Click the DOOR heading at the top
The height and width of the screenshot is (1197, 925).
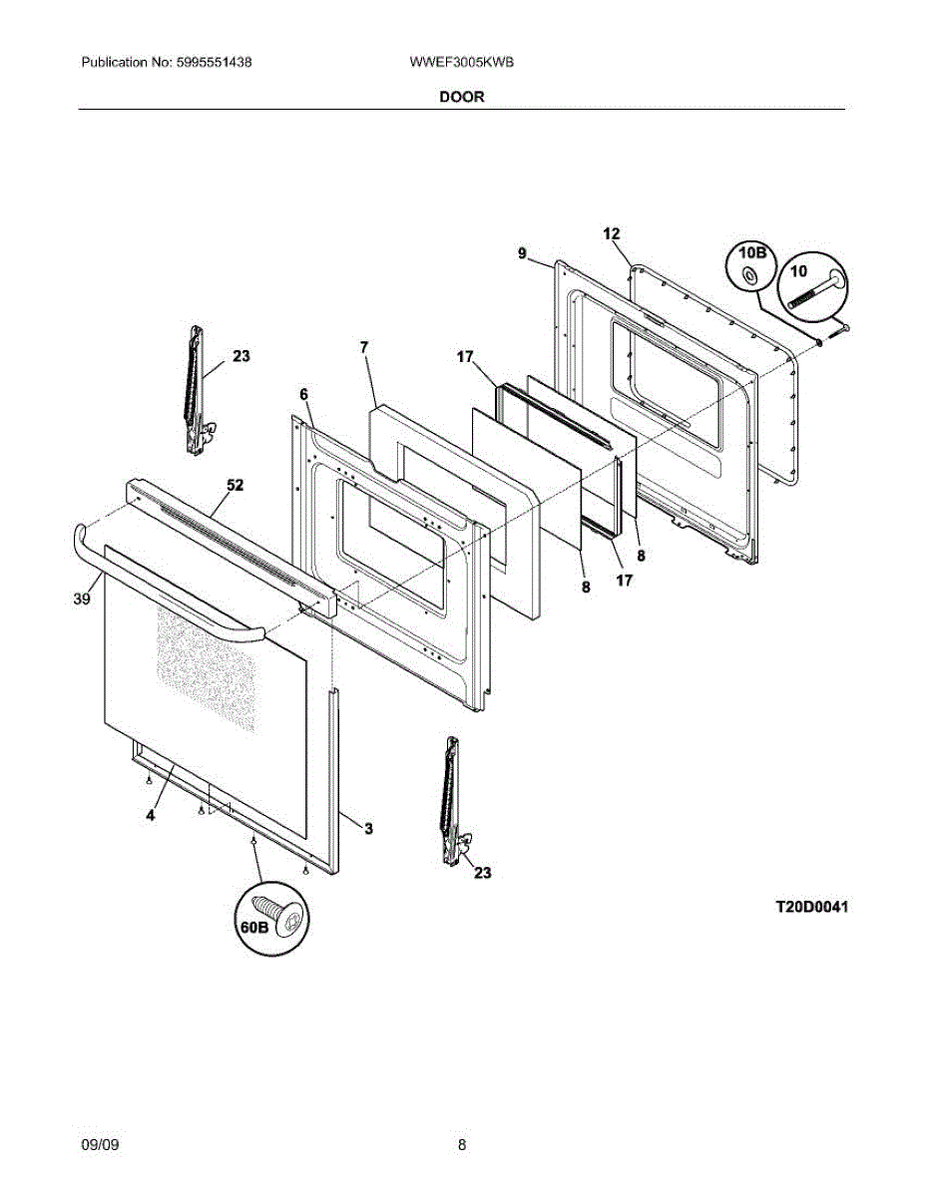pyautogui.click(x=461, y=97)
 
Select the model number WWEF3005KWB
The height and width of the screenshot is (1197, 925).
pyautogui.click(x=461, y=62)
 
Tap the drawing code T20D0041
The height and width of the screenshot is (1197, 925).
pyautogui.click(x=812, y=908)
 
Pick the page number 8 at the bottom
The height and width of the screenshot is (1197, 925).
pyautogui.click(x=462, y=1145)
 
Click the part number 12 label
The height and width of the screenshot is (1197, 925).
pyautogui.click(x=612, y=233)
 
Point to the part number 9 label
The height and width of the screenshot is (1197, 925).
pyautogui.click(x=522, y=254)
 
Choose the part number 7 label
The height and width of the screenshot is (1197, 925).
pyautogui.click(x=364, y=347)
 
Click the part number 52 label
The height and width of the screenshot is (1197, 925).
pyautogui.click(x=234, y=486)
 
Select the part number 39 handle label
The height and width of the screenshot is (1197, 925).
pyautogui.click(x=82, y=598)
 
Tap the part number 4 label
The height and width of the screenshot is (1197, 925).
pyautogui.click(x=150, y=815)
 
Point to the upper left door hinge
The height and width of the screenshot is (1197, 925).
pyautogui.click(x=198, y=389)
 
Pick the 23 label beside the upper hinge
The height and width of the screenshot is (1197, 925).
pyautogui.click(x=241, y=356)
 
